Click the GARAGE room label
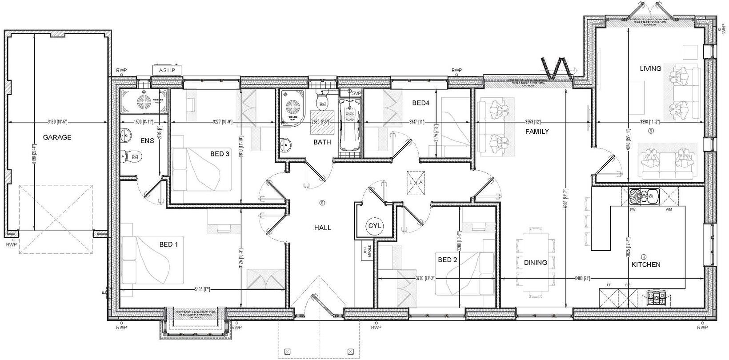coord(57,137)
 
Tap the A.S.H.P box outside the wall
coord(167,70)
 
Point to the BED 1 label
coord(168,244)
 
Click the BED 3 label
coord(220,154)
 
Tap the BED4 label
coord(420,103)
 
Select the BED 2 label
coord(447,260)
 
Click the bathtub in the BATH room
coord(350,125)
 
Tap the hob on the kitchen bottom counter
coord(657,297)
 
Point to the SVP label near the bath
coord(356,93)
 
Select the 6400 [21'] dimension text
coord(583,279)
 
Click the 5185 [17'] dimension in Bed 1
coord(202,290)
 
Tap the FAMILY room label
coord(537,132)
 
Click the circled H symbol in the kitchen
coord(644,257)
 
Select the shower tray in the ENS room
coord(143,100)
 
